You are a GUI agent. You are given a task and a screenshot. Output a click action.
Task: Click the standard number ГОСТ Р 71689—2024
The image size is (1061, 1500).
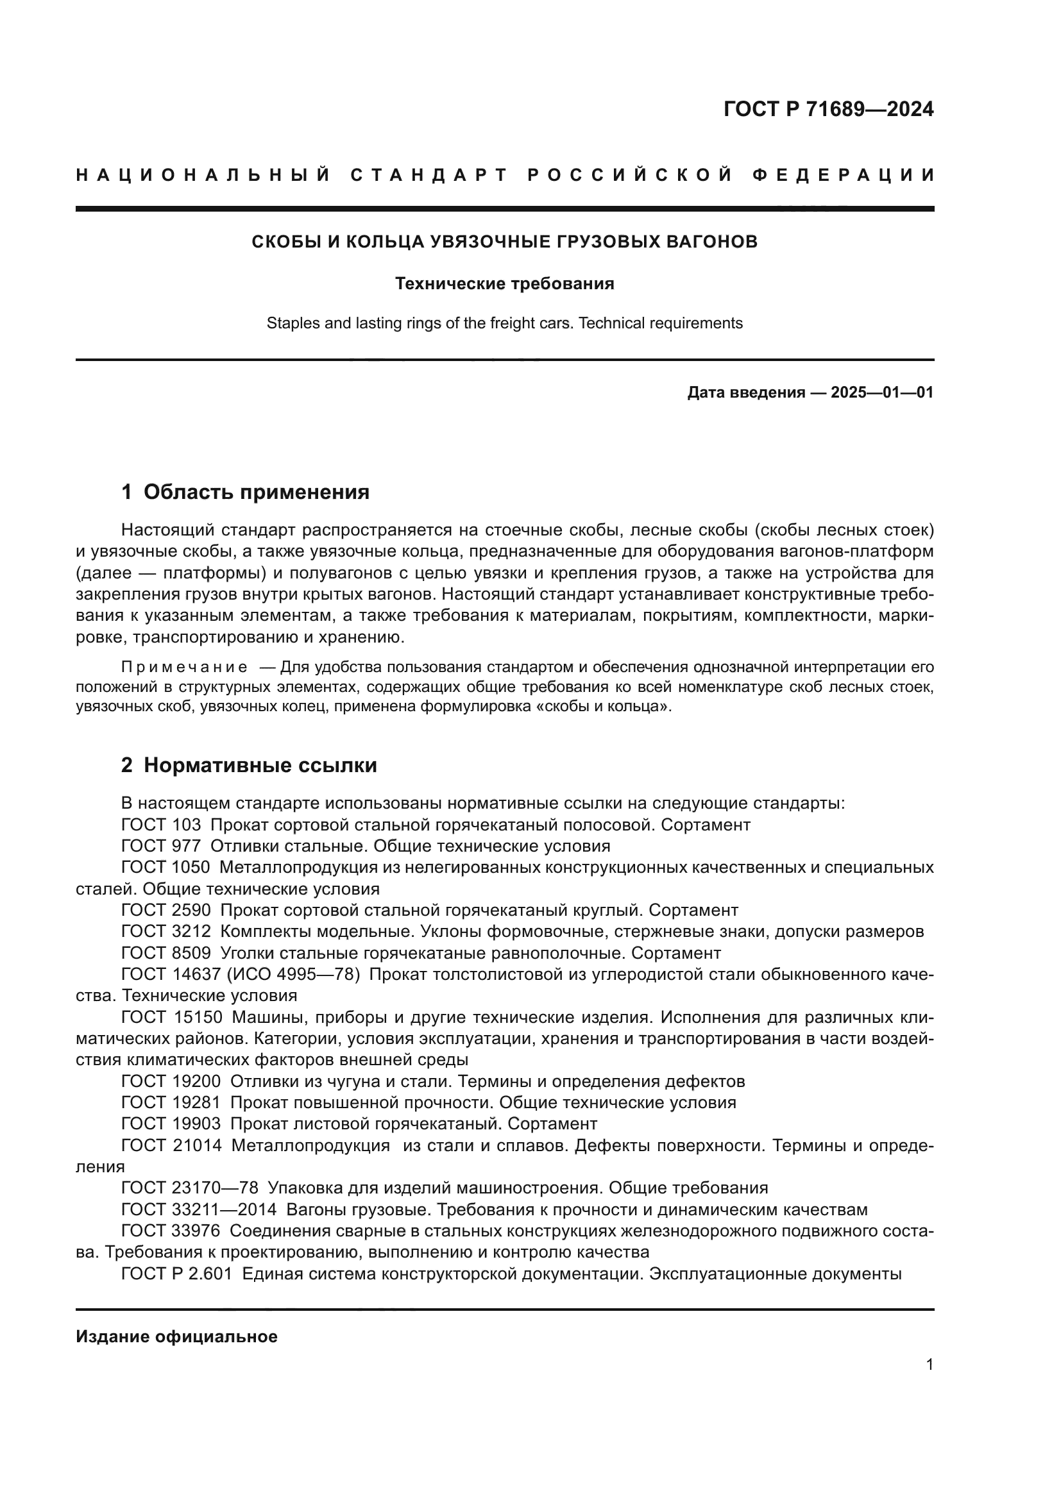point(828,109)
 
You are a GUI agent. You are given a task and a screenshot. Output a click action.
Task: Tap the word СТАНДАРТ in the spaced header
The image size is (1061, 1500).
point(429,175)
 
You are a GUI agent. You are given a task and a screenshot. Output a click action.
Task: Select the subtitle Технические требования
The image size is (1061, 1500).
point(504,283)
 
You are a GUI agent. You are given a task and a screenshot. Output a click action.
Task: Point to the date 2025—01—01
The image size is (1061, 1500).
point(881,392)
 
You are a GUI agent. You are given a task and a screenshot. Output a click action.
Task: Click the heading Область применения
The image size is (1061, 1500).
point(256,492)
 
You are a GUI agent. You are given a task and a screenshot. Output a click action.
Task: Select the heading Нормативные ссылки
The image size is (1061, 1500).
point(260,765)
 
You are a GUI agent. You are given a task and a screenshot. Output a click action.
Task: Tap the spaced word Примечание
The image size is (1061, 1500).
point(184,667)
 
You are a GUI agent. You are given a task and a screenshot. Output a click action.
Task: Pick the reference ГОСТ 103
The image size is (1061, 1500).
point(161,825)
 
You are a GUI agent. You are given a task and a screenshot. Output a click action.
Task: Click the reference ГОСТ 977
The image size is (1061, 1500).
point(161,846)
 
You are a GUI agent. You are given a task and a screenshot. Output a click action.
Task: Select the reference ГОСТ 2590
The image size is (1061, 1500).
point(166,910)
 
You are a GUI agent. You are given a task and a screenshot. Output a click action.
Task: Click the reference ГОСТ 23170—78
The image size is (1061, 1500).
point(189,1188)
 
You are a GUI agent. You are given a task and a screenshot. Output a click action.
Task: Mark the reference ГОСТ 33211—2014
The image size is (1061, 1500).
point(199,1209)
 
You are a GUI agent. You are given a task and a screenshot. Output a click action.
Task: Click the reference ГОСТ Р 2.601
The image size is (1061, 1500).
point(176,1274)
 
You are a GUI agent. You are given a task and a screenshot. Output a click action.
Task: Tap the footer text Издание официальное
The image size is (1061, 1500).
point(176,1336)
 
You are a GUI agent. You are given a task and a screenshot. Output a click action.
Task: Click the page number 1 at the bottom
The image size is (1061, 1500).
point(929,1364)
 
